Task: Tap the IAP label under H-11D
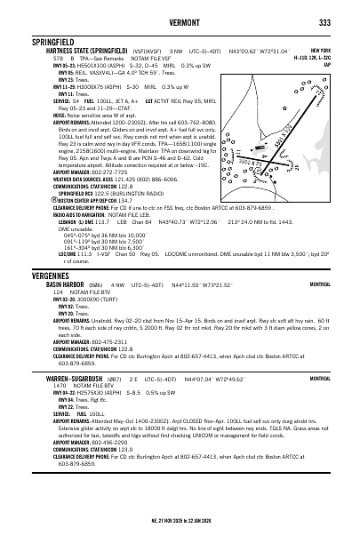328,64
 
